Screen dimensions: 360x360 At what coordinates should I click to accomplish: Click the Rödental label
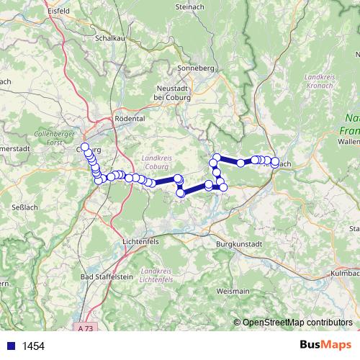click(x=130, y=118)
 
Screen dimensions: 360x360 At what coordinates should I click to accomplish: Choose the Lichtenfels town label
click(x=141, y=241)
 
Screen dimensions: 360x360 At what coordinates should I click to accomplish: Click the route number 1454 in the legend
click(x=33, y=346)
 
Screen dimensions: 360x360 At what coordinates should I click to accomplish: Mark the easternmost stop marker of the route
click(x=275, y=162)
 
